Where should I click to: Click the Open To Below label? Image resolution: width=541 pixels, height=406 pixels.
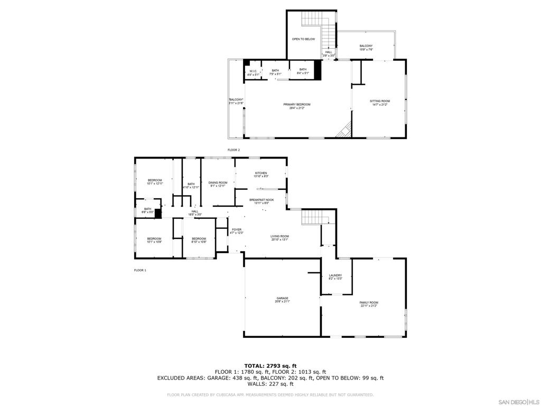click(303, 39)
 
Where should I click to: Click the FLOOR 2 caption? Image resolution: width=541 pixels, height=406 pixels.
click(234, 150)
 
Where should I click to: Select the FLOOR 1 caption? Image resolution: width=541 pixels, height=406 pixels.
click(140, 270)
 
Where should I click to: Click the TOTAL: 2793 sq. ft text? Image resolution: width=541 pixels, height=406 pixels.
click(270, 366)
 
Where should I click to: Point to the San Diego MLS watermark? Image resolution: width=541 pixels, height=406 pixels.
click(519, 402)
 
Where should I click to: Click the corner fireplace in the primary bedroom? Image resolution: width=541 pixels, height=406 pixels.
click(345, 129)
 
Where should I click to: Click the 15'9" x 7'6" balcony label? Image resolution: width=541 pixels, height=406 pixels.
click(366, 48)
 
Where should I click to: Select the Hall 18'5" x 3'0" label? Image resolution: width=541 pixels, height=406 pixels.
click(195, 213)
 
